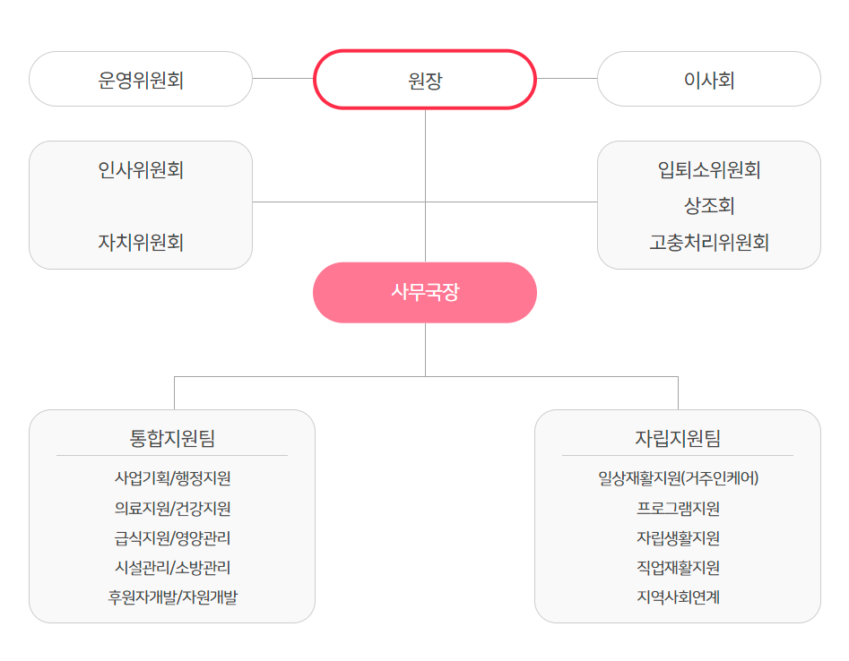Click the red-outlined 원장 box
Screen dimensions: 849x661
[425, 80]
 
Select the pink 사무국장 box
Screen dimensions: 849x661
[425, 293]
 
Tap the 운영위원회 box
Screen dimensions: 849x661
[141, 79]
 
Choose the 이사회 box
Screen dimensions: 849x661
[709, 79]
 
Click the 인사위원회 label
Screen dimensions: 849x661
[141, 170]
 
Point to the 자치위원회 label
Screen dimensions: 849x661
[141, 242]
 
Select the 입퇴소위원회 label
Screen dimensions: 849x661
[709, 170]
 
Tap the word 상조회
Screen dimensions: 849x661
[709, 205]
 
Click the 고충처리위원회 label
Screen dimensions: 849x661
[709, 242]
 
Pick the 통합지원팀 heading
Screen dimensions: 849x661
[172, 438]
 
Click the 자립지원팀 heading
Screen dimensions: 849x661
[678, 438]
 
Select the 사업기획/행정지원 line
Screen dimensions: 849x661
[172, 477]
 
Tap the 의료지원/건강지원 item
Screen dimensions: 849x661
[172, 508]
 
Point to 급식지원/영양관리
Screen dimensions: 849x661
[172, 537]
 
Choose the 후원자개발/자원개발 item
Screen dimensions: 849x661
[172, 597]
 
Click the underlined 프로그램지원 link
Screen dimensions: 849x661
[678, 508]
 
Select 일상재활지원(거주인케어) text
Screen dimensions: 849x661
[678, 477]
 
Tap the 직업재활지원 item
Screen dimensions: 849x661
[678, 568]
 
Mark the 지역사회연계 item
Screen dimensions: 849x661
[678, 597]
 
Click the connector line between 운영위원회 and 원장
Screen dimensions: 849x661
[283, 79]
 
